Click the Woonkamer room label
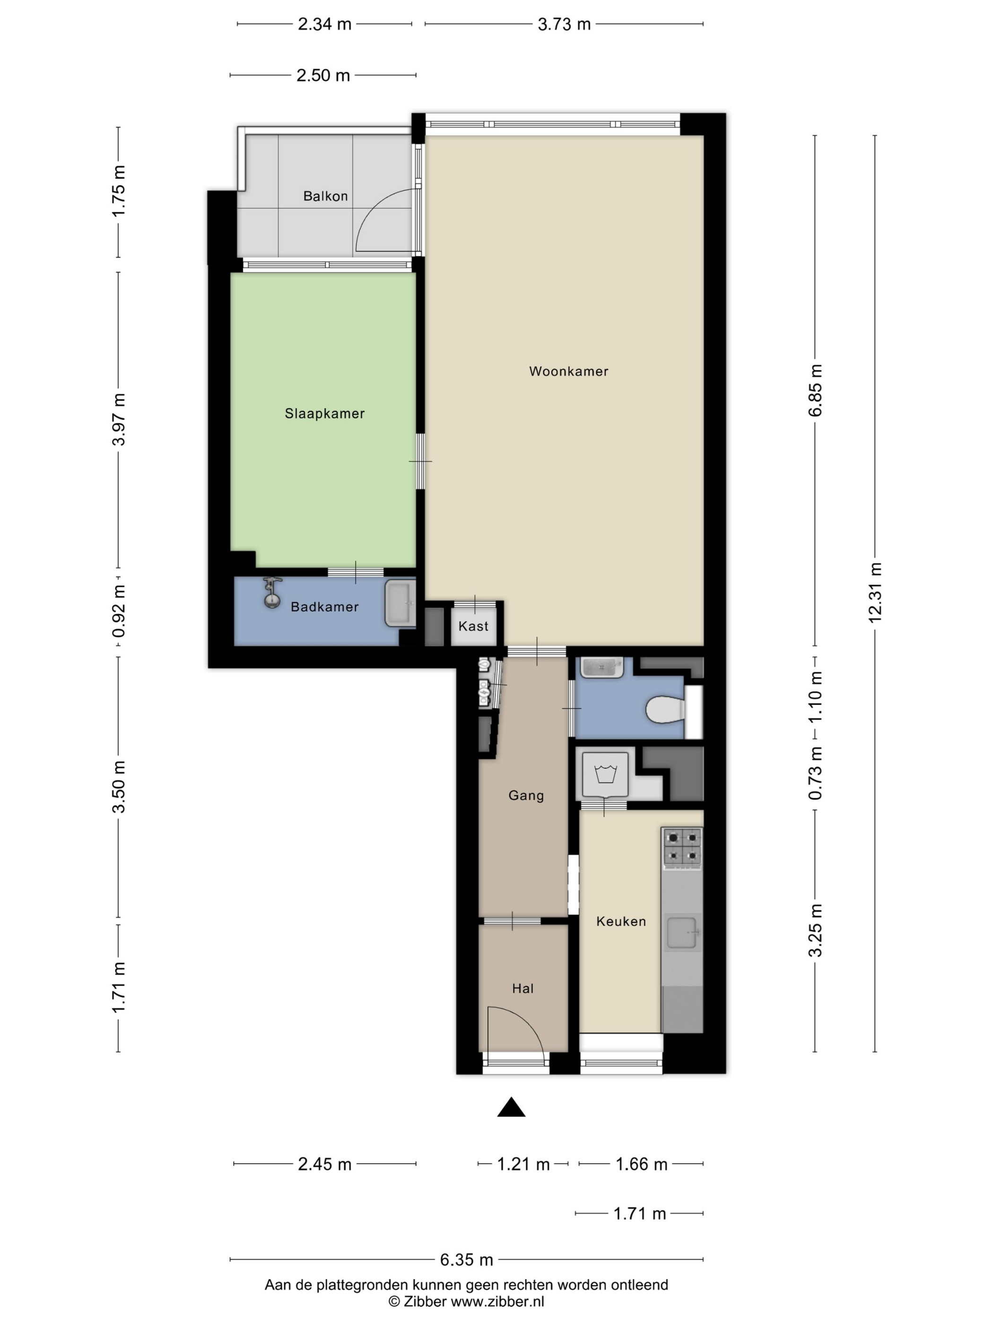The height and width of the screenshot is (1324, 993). coord(568,371)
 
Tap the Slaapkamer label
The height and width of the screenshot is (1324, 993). coord(324,414)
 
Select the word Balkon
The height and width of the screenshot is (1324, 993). coord(325,196)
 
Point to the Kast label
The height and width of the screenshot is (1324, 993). coord(473,626)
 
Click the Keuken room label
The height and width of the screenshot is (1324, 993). coord(621,921)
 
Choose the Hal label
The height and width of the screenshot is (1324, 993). coord(523,988)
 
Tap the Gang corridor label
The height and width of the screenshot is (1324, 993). coord(525,795)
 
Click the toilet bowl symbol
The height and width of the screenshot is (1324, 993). coord(666,709)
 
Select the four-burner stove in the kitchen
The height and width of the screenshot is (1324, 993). coord(682,847)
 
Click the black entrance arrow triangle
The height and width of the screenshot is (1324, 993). coord(511,1108)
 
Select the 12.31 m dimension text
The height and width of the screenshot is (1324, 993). coord(875,592)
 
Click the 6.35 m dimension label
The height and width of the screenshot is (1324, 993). coord(466,1260)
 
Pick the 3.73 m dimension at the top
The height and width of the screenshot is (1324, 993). coord(564,24)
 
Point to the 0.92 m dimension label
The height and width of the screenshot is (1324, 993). coord(119,610)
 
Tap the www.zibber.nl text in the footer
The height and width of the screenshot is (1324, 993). coord(497,1301)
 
